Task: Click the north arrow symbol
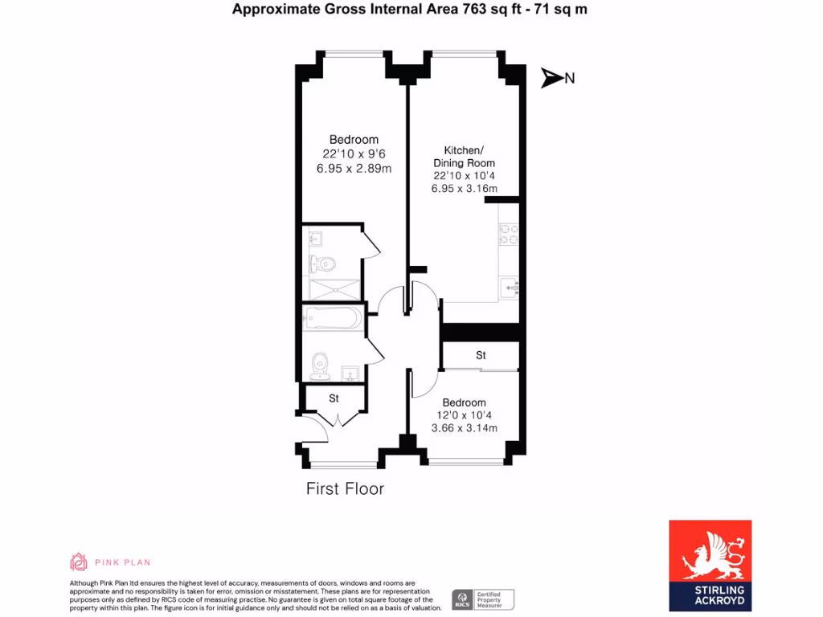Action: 552,78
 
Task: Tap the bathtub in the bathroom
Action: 331,319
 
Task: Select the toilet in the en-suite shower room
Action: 324,264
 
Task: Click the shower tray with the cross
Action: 333,288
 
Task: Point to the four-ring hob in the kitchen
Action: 510,234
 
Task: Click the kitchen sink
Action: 510,285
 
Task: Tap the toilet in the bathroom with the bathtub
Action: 321,365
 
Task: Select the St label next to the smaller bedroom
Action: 481,355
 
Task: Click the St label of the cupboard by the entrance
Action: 334,398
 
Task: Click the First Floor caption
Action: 345,488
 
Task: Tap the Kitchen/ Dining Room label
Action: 465,157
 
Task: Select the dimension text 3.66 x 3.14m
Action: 464,428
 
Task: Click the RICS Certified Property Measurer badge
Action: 482,599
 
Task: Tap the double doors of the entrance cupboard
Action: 338,419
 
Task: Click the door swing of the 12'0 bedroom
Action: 420,385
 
